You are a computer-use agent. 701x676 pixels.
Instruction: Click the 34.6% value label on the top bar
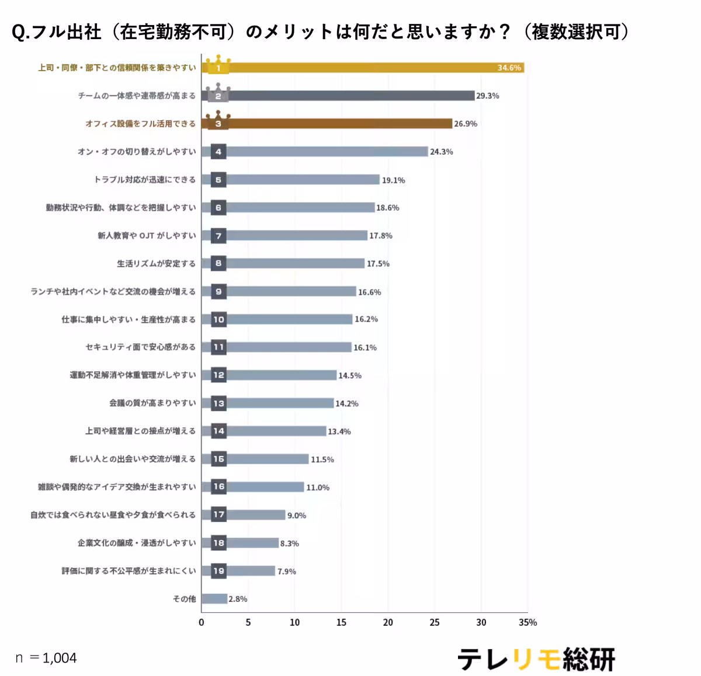click(509, 68)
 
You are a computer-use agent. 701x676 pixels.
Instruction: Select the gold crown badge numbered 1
click(218, 65)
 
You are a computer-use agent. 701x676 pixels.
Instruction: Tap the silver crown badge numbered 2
click(218, 94)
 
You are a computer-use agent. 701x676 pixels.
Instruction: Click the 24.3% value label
click(441, 152)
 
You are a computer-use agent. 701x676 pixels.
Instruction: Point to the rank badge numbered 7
click(218, 236)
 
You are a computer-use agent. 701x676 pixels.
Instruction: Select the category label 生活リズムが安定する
click(156, 264)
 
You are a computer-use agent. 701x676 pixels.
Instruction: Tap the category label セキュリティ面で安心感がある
click(140, 347)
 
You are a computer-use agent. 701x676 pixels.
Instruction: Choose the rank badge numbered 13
click(218, 403)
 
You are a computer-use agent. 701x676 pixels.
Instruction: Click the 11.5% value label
click(322, 459)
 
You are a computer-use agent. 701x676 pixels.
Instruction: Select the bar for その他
click(214, 599)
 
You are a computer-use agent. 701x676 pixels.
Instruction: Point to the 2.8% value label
click(238, 599)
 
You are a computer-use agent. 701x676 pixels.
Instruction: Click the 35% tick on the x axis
click(528, 622)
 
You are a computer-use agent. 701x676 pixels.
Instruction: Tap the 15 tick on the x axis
click(341, 622)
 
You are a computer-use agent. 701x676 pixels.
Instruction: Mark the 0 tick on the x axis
click(202, 622)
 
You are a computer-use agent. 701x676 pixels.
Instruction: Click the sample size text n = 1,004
click(46, 658)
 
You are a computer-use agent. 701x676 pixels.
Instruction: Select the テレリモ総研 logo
click(536, 659)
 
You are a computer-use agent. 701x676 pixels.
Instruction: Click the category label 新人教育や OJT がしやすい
click(147, 236)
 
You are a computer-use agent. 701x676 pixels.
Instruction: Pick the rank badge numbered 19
click(218, 571)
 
